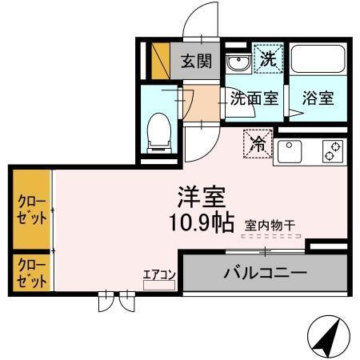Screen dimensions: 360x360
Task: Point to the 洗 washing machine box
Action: coord(268,58)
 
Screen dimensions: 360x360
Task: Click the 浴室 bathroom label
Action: coord(318,99)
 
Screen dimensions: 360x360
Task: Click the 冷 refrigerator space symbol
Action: coord(258,145)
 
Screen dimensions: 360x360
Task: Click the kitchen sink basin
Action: coord(290,150)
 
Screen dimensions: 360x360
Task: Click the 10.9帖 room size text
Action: coord(200,223)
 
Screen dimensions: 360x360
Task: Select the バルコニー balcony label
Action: coord(266,274)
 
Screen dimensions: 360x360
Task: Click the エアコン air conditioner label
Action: coord(158,274)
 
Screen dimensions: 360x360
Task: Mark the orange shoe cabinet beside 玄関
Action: coord(161,58)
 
